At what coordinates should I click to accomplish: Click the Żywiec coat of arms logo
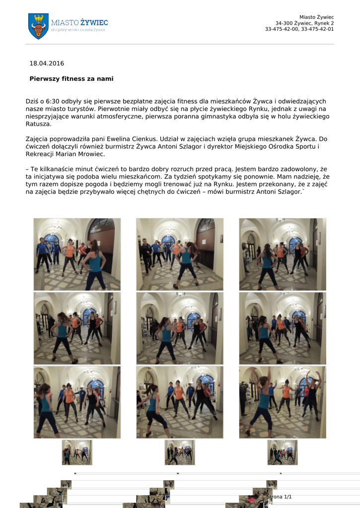tap(38, 26)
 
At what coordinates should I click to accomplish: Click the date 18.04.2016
tap(47, 63)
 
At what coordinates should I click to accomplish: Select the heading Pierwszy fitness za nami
tap(72, 79)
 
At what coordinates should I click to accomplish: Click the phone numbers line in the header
tap(299, 29)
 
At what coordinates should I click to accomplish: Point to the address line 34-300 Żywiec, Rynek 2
tap(304, 23)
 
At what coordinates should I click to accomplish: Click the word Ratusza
tap(38, 124)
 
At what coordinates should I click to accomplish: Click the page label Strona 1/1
tap(279, 497)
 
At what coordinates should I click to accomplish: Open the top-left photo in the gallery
tap(77, 254)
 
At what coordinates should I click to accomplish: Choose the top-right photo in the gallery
tap(283, 254)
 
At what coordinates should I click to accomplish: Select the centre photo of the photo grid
tap(180, 328)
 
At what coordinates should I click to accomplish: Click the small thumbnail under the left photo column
tap(77, 452)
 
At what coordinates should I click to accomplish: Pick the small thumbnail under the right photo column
tap(283, 452)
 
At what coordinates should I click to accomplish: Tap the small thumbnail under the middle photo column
tap(180, 452)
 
